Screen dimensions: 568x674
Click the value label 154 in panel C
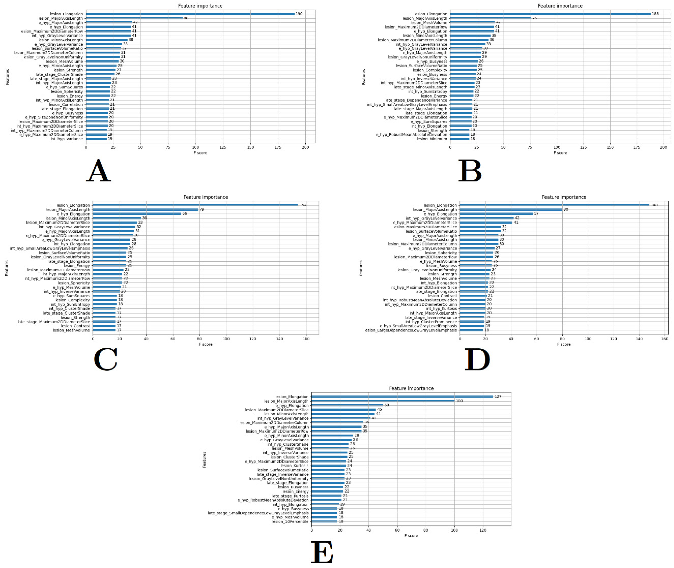click(x=303, y=205)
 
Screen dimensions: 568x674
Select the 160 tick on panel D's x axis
click(x=664, y=339)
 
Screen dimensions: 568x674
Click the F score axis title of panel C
click(x=206, y=344)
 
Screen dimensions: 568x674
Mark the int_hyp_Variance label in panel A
click(x=67, y=139)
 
